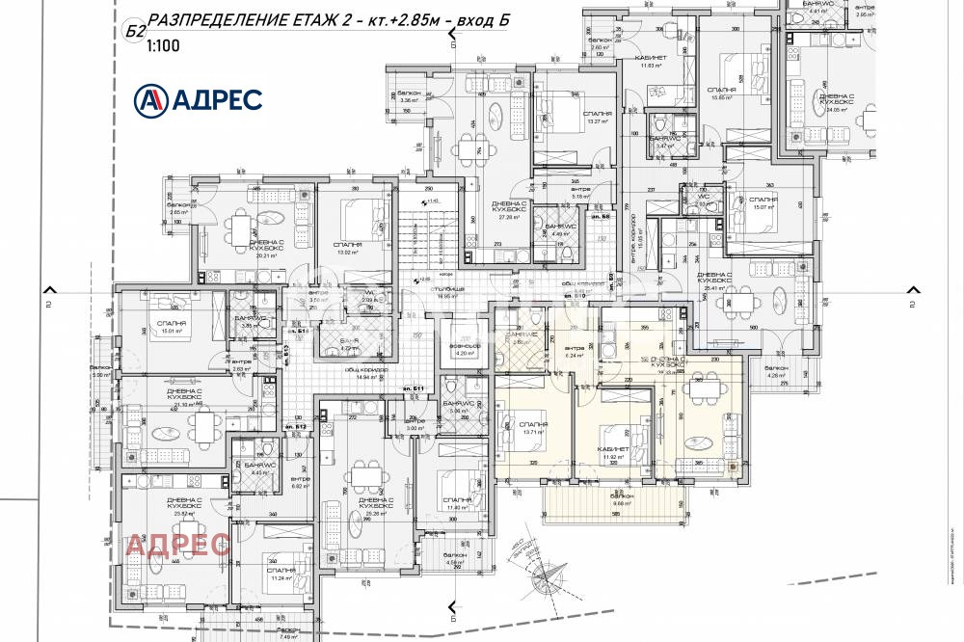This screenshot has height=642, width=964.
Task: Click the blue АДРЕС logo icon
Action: click(151, 98)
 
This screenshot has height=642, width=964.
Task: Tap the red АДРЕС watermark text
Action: click(179, 546)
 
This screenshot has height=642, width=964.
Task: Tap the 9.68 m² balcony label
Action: click(622, 502)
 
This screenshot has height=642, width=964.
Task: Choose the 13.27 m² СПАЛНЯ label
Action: click(598, 117)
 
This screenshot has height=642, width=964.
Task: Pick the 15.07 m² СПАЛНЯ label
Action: click(763, 202)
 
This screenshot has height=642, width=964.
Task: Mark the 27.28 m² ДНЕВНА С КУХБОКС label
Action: click(508, 211)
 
